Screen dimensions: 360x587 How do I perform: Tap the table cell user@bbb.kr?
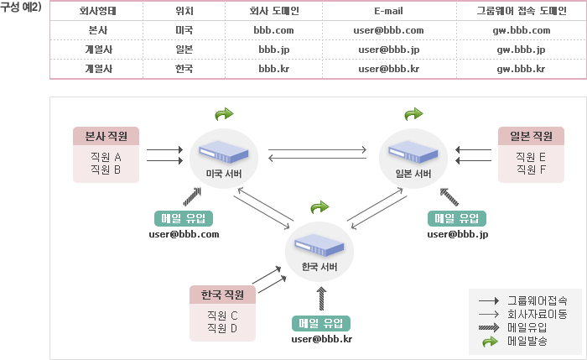[x=388, y=69]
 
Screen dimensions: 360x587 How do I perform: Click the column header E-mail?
[x=388, y=12]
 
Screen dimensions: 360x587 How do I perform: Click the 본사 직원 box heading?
[x=106, y=136]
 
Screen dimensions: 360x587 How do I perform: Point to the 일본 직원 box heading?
[x=531, y=136]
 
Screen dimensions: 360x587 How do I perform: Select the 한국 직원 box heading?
[x=222, y=295]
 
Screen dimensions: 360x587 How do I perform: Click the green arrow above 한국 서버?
[x=319, y=206]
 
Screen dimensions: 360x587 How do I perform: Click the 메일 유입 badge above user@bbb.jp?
[x=457, y=218]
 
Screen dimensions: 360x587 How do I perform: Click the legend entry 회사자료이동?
[x=537, y=314]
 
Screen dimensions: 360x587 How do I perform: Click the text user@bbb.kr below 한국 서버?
[x=321, y=339]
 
